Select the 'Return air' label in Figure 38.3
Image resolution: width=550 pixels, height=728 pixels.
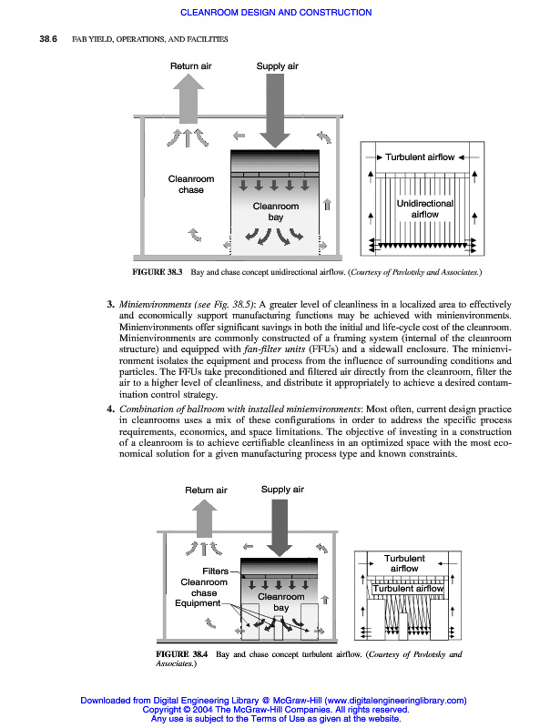(190, 66)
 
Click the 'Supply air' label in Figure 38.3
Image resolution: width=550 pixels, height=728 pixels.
(277, 66)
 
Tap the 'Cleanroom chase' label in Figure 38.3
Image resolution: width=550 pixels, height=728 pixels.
(191, 185)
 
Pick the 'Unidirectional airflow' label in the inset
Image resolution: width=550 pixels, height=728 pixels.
(418, 209)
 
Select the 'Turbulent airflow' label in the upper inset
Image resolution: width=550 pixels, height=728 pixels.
(419, 157)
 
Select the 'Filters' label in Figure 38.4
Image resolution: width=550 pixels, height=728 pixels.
(215, 571)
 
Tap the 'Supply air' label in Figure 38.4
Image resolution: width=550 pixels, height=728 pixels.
(282, 490)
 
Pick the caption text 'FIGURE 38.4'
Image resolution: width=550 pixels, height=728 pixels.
(183, 654)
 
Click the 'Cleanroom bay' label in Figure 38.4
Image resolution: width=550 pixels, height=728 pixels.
(281, 602)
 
